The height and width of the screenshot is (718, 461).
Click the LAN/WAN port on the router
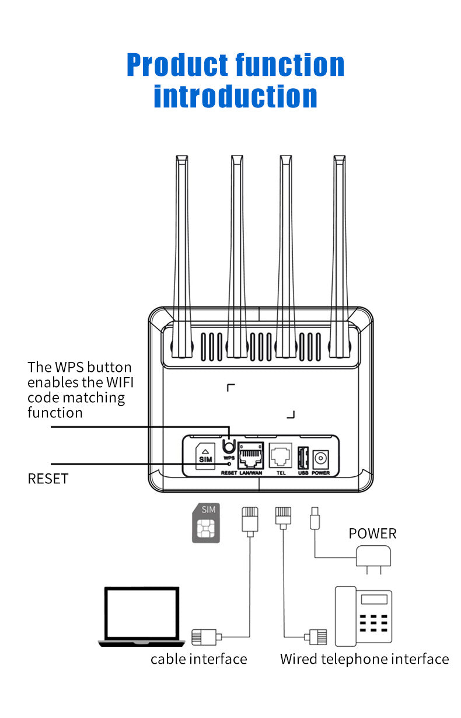tap(251, 455)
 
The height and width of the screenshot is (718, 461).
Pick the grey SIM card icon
tap(206, 523)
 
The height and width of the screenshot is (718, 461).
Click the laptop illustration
tap(140, 616)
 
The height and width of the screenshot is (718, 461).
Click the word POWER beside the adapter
tap(372, 534)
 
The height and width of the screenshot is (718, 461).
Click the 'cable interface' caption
tap(199, 659)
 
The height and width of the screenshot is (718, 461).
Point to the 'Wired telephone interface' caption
tap(365, 659)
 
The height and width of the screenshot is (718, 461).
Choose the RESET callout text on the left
tap(48, 479)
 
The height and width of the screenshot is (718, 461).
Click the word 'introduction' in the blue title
tap(235, 96)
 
